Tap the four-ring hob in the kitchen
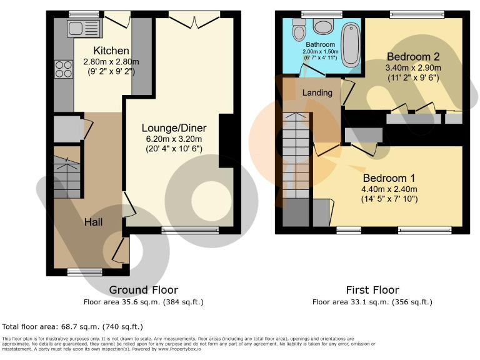click(x=64, y=68)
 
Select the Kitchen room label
click(x=111, y=51)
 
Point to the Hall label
click(x=94, y=222)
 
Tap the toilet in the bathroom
click(x=299, y=28)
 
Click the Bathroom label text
click(x=320, y=45)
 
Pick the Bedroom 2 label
click(x=413, y=56)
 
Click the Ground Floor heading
click(x=143, y=290)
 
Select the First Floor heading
click(x=372, y=290)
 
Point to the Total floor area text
click(x=72, y=326)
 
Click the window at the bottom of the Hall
click(x=84, y=271)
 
